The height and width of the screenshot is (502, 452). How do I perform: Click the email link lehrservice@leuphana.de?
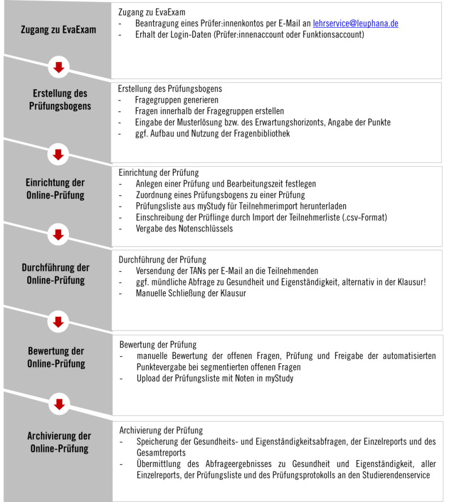(x=355, y=24)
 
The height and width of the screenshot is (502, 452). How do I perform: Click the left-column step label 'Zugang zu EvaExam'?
(x=58, y=29)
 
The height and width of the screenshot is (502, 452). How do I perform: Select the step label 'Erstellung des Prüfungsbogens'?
(x=60, y=99)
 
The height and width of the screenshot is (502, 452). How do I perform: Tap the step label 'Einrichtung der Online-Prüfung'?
(x=55, y=189)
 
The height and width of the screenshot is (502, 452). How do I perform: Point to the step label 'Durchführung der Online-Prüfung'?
(x=55, y=274)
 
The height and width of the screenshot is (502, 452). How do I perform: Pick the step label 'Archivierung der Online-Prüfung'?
(x=59, y=442)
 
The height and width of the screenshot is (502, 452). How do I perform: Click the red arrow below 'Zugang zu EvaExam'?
(x=58, y=68)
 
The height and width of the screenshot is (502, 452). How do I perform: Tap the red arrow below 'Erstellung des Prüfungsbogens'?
(x=58, y=153)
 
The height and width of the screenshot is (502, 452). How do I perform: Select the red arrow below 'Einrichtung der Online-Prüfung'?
(x=58, y=234)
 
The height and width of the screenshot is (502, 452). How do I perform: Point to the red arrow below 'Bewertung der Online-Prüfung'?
(x=58, y=404)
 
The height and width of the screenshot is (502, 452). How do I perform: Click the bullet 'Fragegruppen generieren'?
(x=168, y=100)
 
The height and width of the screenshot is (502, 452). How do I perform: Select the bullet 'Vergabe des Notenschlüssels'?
(x=184, y=229)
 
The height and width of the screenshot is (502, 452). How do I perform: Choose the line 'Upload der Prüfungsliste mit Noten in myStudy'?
(x=215, y=379)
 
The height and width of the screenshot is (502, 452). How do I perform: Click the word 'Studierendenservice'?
(x=390, y=475)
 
